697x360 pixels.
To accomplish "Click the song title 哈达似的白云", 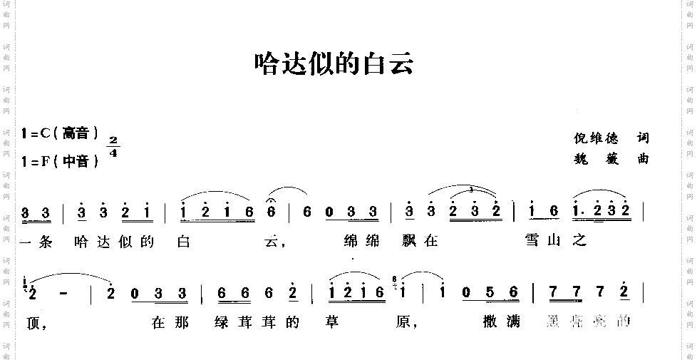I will click(334, 65).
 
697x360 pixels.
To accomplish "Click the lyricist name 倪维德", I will click(596, 138).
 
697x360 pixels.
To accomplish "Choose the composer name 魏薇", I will click(596, 159).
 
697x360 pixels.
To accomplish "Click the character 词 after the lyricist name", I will click(644, 138).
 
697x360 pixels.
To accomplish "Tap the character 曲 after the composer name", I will click(644, 159).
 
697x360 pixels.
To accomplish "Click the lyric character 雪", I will click(532, 241).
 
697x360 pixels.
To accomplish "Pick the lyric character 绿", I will click(222, 322).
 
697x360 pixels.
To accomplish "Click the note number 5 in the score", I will click(491, 292).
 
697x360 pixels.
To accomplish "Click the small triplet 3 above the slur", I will click(472, 190).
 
